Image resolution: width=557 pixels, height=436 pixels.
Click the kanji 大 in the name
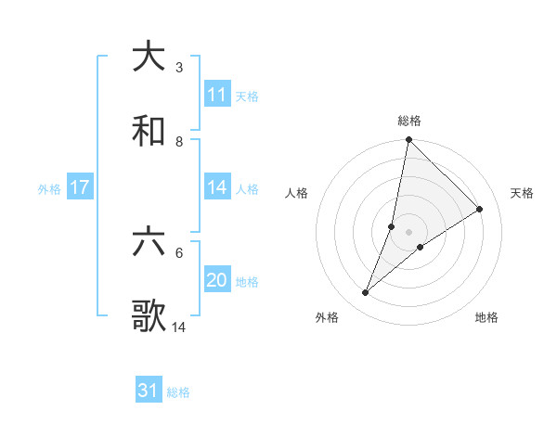click(149, 57)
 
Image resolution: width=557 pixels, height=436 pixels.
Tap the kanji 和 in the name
click(149, 132)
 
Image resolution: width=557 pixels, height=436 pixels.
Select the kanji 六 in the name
click(149, 243)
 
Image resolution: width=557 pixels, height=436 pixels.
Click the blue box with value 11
click(217, 95)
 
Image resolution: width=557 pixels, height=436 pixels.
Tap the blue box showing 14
click(217, 187)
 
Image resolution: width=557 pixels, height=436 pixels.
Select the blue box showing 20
click(217, 280)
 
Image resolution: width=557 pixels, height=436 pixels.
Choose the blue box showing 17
click(80, 187)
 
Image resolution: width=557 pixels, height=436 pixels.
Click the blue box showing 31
click(149, 391)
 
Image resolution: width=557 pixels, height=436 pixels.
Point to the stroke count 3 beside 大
click(179, 68)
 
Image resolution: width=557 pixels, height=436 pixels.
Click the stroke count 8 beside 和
click(179, 142)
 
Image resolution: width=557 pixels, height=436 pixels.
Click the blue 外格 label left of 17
click(49, 188)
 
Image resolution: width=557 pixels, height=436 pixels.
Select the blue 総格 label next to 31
click(178, 392)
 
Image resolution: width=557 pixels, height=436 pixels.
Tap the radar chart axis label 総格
click(409, 121)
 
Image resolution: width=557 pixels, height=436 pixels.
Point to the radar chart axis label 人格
click(297, 193)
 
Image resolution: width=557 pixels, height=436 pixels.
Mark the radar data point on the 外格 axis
click(366, 293)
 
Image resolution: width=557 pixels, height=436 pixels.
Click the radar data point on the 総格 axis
click(408, 139)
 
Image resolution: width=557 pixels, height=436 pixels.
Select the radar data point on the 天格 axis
click(480, 210)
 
